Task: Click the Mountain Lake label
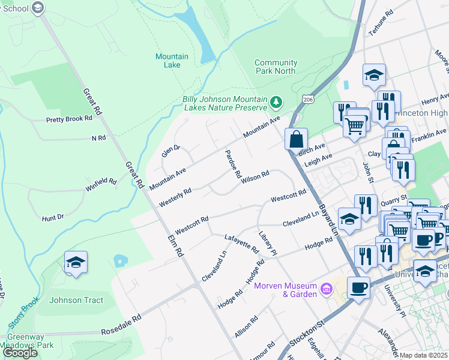tap(172, 61)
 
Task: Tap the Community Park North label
tap(276, 67)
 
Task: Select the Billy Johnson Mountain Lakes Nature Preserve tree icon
tap(276, 101)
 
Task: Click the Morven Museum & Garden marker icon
tap(327, 290)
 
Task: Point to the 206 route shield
tap(309, 98)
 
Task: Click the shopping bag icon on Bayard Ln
tap(296, 140)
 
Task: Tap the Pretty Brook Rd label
tap(69, 119)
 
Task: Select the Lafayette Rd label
tap(241, 244)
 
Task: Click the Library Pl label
tap(267, 243)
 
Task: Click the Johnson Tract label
tap(76, 300)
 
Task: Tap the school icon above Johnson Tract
tap(76, 263)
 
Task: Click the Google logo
tap(20, 353)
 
